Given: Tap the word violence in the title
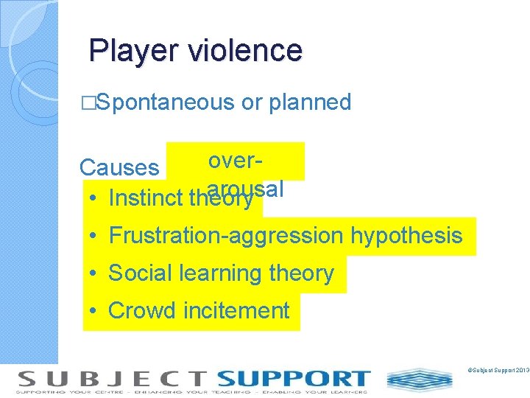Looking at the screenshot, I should (x=245, y=50).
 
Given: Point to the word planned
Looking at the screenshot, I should (x=310, y=102).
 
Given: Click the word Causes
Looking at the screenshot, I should (x=119, y=167).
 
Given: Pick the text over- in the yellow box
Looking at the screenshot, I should (x=236, y=161).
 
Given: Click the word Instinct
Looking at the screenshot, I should (x=146, y=198).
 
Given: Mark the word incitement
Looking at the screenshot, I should (x=236, y=311).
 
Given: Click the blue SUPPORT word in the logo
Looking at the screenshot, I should (x=293, y=379).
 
